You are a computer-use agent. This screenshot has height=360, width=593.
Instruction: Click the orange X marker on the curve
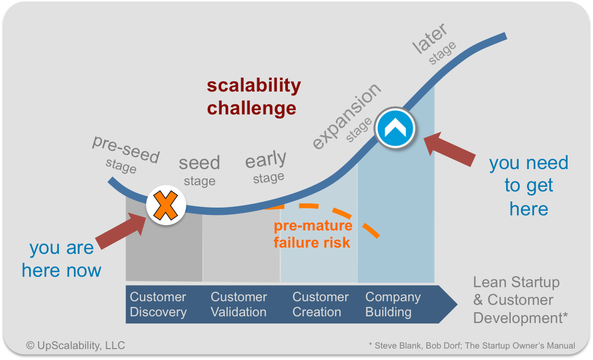pyautogui.click(x=166, y=205)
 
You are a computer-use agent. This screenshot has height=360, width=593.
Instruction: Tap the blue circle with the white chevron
pyautogui.click(x=395, y=128)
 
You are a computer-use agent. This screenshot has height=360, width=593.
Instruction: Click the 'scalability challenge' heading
pyautogui.click(x=254, y=97)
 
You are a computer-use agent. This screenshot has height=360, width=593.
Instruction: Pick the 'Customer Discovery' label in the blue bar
pyautogui.click(x=158, y=304)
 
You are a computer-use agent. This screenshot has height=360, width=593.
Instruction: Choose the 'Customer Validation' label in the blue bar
pyautogui.click(x=238, y=304)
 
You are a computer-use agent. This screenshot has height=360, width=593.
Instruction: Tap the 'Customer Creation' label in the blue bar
pyautogui.click(x=320, y=304)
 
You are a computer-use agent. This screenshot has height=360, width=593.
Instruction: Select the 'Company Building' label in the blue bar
pyautogui.click(x=393, y=304)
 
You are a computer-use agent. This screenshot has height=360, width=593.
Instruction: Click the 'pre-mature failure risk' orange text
pyautogui.click(x=313, y=234)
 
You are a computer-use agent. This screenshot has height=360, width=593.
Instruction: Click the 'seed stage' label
pyautogui.click(x=199, y=170)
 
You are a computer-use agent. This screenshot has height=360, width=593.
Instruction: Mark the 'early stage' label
pyautogui.click(x=266, y=166)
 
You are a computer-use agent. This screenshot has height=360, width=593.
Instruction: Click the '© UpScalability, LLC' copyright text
pyautogui.click(x=75, y=345)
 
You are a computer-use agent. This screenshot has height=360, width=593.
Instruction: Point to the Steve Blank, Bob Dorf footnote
pyautogui.click(x=472, y=345)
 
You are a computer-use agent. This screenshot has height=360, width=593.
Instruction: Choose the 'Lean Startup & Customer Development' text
pyautogui.click(x=521, y=300)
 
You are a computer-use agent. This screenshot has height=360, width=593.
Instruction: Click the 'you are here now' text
pyautogui.click(x=61, y=259)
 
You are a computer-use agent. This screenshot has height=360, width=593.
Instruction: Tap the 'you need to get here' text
pyautogui.click(x=529, y=186)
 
